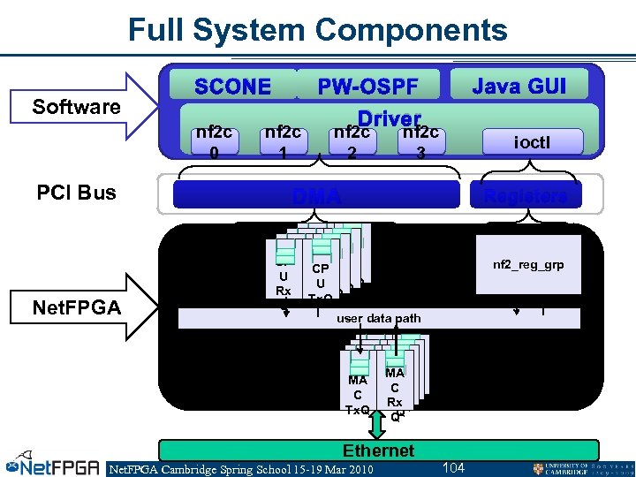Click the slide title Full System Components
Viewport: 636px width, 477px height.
click(x=318, y=29)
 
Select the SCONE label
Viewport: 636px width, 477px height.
click(x=233, y=87)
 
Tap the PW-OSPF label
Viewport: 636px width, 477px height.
click(x=367, y=87)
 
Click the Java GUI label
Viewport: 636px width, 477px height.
click(x=519, y=86)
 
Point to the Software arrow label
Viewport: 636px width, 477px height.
click(x=76, y=107)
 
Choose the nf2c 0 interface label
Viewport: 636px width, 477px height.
click(x=214, y=141)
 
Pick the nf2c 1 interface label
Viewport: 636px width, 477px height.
click(x=283, y=141)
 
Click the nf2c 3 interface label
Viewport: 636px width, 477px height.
click(x=421, y=141)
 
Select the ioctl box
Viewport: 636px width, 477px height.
click(x=534, y=141)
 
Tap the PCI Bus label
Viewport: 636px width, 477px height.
click(x=77, y=193)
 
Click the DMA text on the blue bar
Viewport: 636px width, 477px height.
click(x=317, y=196)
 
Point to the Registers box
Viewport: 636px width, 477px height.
click(x=526, y=196)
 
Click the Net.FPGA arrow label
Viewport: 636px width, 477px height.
click(x=76, y=307)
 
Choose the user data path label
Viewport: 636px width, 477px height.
click(x=379, y=318)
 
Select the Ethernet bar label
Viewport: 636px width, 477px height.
click(x=378, y=450)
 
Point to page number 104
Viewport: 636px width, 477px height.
click(x=453, y=466)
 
